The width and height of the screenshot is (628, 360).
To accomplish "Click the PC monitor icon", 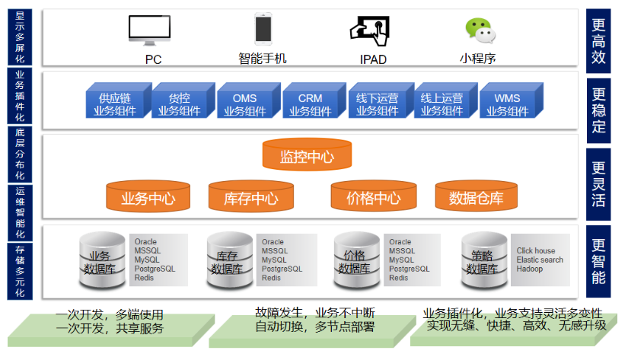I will (x=148, y=30).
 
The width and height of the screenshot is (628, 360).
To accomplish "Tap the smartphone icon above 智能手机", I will (x=263, y=29).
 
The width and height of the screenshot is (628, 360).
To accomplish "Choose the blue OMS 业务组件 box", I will (x=245, y=104).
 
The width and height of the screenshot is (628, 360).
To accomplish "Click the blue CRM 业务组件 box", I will (x=311, y=104).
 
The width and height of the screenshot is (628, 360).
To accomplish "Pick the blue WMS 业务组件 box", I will (x=508, y=104).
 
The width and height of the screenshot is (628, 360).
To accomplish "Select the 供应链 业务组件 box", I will (x=115, y=104).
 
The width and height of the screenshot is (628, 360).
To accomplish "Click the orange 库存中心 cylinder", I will (x=250, y=197).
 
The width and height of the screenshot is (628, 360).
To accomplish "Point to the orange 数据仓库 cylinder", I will (x=476, y=197).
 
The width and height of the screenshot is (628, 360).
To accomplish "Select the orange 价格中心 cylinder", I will (x=373, y=197).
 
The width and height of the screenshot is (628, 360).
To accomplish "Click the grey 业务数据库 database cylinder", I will (x=102, y=261).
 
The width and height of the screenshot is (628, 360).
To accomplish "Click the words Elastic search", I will (x=540, y=260).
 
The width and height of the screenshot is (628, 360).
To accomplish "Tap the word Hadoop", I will (x=530, y=269).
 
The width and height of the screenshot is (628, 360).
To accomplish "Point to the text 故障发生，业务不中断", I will (x=314, y=313).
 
